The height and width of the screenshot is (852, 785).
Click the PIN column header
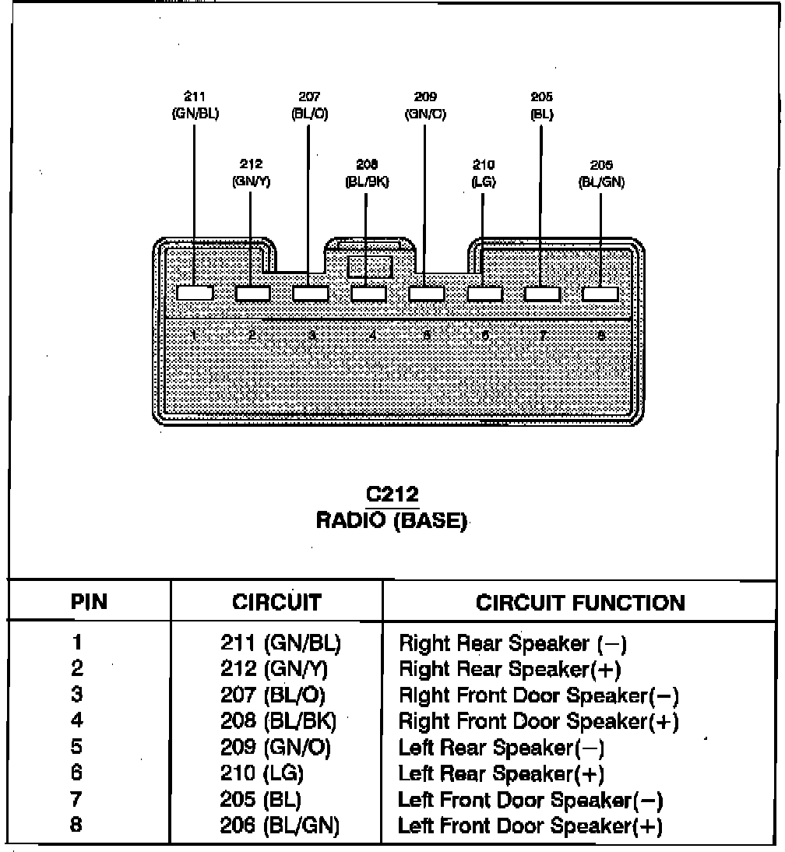pyautogui.click(x=89, y=602)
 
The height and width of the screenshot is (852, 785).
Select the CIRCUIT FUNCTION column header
pyautogui.click(x=580, y=602)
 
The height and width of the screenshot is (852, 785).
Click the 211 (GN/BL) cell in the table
pyautogui.click(x=281, y=643)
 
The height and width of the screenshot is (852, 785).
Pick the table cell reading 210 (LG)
pyautogui.click(x=262, y=774)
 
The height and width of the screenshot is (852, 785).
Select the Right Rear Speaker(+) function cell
pyautogui.click(x=509, y=669)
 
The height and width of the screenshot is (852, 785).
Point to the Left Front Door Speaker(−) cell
pyautogui.click(x=530, y=800)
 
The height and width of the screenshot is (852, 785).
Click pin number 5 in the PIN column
pyautogui.click(x=76, y=748)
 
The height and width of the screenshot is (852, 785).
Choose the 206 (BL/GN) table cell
pyautogui.click(x=280, y=826)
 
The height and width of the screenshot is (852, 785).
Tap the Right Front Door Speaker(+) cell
pyautogui.click(x=538, y=722)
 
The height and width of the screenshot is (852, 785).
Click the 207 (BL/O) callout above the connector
pyautogui.click(x=309, y=105)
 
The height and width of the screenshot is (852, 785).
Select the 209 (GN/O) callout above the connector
pyautogui.click(x=425, y=105)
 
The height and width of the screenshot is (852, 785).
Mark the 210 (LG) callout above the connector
pyautogui.click(x=484, y=173)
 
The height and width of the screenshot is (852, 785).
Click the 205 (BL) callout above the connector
pyautogui.click(x=541, y=105)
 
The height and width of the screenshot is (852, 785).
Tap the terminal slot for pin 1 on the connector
pyautogui.click(x=195, y=294)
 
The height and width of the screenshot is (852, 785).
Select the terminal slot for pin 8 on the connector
pyautogui.click(x=600, y=294)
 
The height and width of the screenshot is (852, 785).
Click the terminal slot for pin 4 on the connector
pyautogui.click(x=368, y=294)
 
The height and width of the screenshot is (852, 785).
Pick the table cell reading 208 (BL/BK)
pyautogui.click(x=278, y=722)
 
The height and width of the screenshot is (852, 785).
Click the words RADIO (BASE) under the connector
pyautogui.click(x=392, y=519)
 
